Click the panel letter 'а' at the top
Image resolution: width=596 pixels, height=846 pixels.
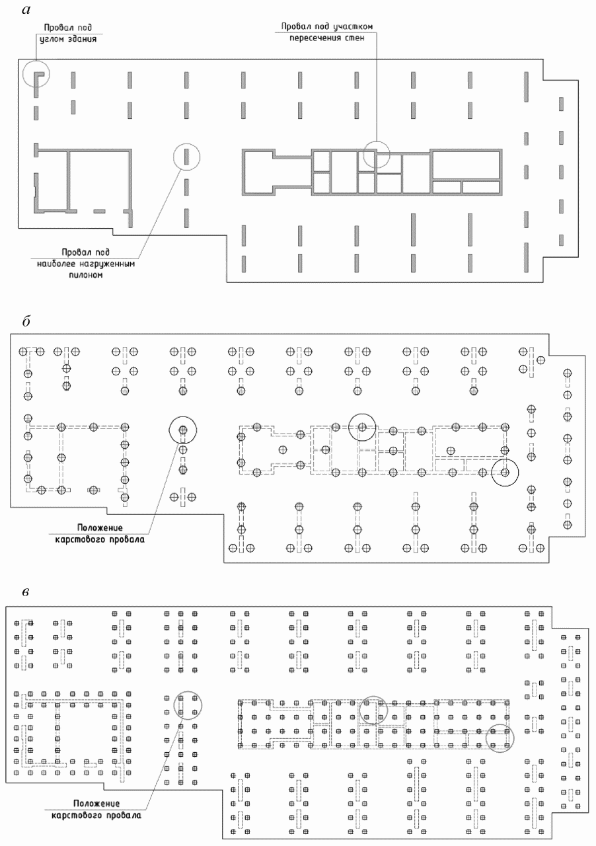point(26,10)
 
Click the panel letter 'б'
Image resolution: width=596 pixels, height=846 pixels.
point(26,322)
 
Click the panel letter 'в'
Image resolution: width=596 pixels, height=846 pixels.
point(25,592)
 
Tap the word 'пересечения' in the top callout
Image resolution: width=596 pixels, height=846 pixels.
point(311,38)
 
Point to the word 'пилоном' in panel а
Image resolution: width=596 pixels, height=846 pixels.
point(86,274)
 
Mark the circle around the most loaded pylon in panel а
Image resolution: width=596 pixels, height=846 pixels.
point(173,157)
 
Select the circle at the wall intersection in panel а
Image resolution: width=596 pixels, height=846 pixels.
point(363,155)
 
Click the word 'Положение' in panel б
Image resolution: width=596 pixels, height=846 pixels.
point(100,527)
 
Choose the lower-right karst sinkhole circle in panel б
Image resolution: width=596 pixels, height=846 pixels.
point(492,472)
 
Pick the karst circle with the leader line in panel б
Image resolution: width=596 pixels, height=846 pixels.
point(169,430)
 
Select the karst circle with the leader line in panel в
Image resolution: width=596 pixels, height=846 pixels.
point(174,705)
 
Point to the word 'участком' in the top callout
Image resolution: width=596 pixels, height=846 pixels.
point(353,26)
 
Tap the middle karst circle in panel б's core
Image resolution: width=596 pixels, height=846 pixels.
point(349,427)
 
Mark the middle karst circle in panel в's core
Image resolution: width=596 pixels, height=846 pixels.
point(359,710)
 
